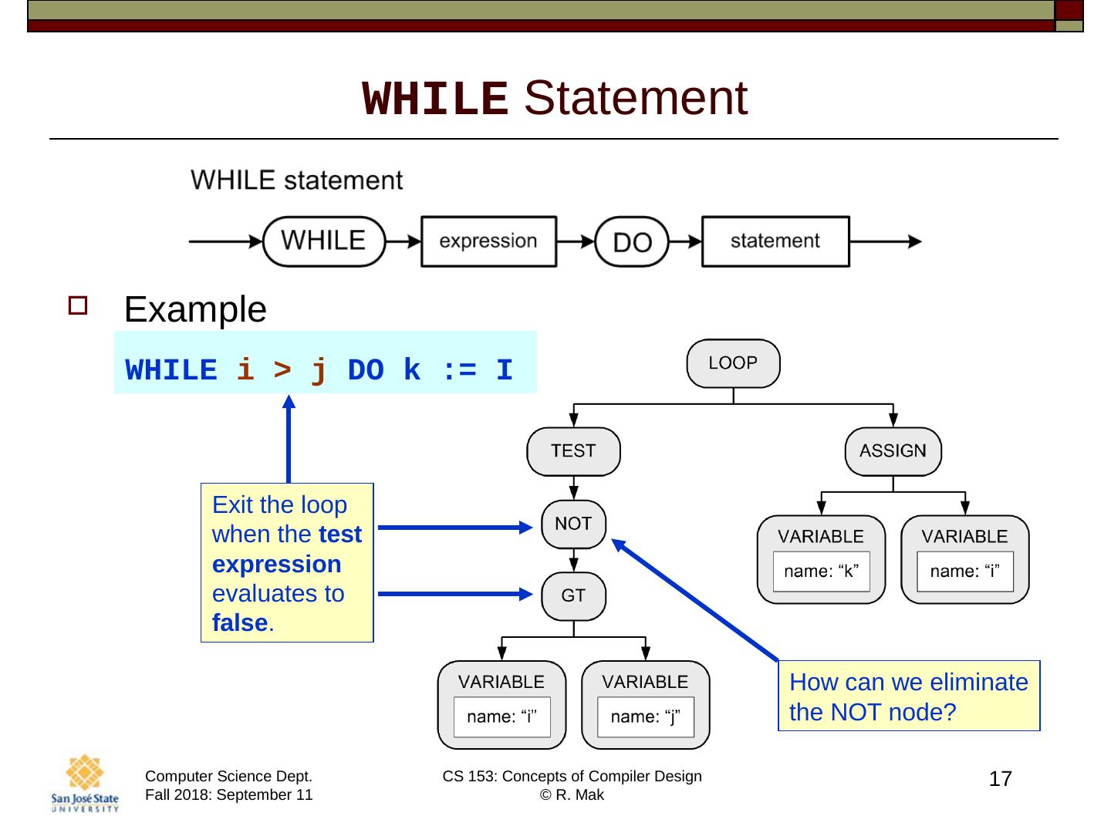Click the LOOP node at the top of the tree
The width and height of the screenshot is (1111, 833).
(x=733, y=363)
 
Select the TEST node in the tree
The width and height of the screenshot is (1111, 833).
(x=573, y=451)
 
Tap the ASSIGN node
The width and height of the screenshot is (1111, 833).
(x=893, y=451)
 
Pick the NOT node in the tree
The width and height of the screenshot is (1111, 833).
(x=573, y=524)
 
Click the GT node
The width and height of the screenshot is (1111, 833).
(x=573, y=595)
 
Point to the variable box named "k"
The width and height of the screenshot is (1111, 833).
(x=821, y=559)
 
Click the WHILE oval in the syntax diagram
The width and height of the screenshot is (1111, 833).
(x=324, y=241)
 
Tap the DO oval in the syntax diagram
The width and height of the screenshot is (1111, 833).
(x=632, y=242)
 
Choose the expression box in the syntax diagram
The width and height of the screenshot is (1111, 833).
(x=488, y=241)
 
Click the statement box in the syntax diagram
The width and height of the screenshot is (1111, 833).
(x=775, y=241)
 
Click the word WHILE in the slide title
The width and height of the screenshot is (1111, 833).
(x=435, y=99)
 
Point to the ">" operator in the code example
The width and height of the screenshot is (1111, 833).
(x=282, y=370)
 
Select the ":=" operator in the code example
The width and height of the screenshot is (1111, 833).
(x=461, y=370)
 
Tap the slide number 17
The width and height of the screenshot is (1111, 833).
(x=1000, y=779)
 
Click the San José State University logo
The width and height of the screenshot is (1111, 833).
(x=85, y=784)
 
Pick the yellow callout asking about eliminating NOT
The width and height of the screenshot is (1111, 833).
(x=909, y=696)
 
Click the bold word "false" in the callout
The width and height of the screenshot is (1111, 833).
(x=240, y=623)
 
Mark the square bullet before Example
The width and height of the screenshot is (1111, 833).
(x=78, y=306)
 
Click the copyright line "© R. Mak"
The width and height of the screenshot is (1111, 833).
(x=572, y=795)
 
